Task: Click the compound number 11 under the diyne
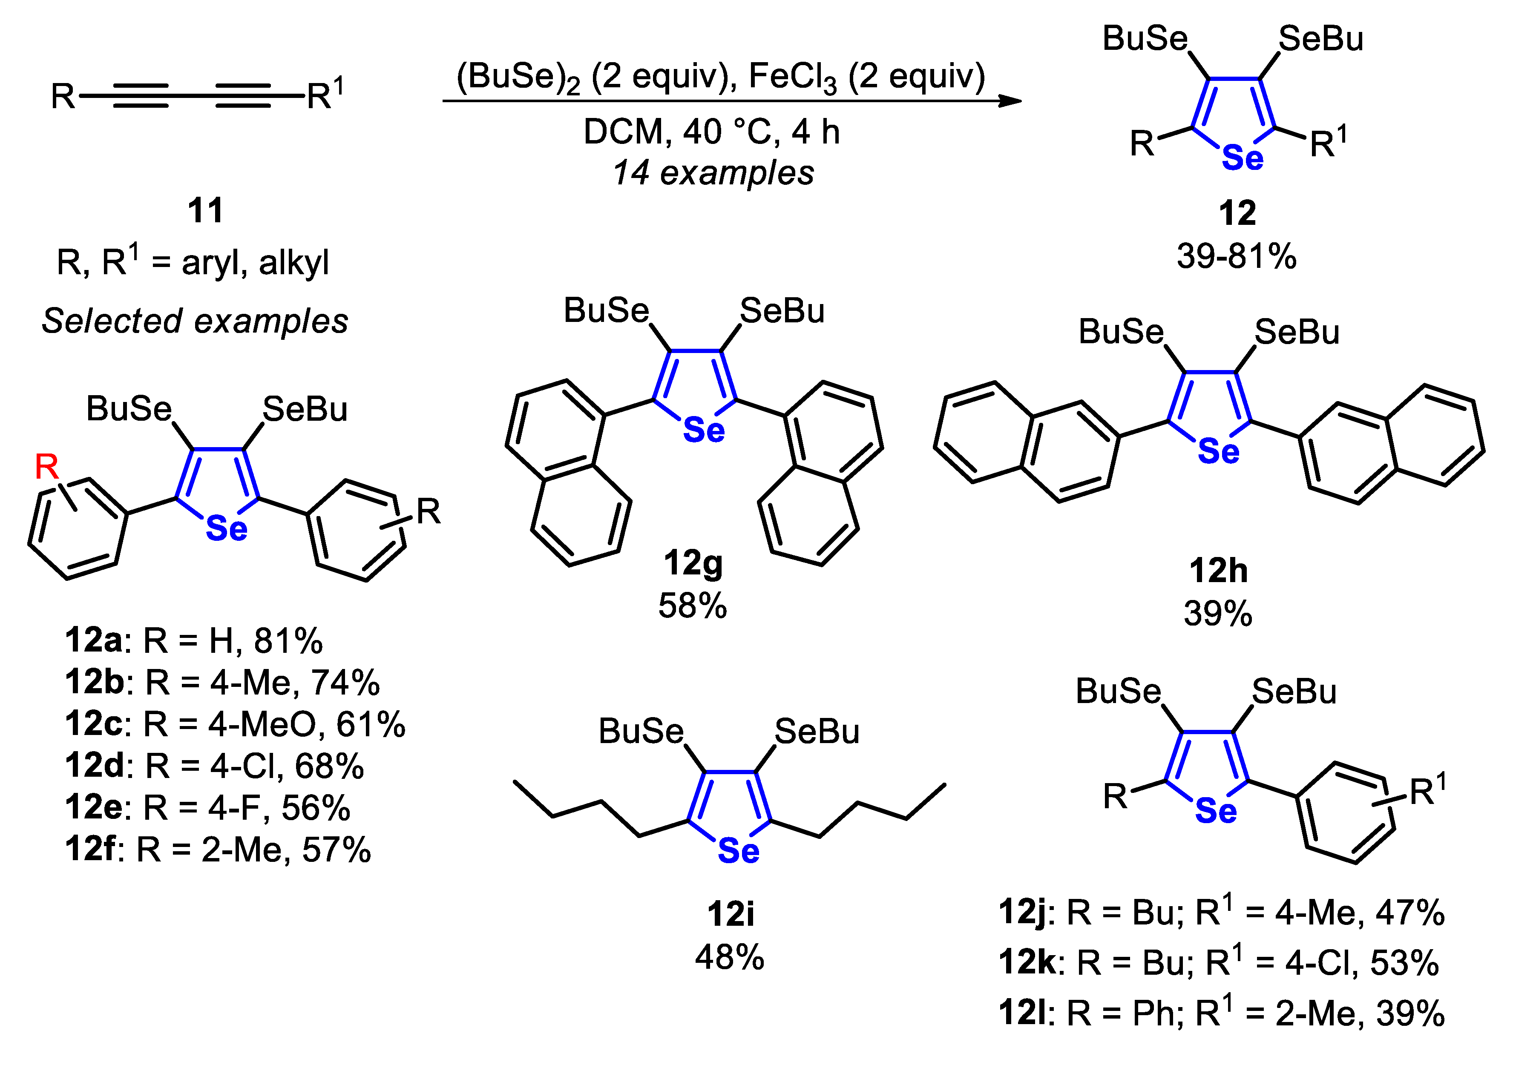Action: tap(206, 211)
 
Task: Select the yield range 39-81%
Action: tap(1236, 256)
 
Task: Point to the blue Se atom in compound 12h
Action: tap(1218, 452)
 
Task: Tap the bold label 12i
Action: tap(730, 914)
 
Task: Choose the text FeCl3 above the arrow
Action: tap(793, 78)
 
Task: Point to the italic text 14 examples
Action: tap(713, 173)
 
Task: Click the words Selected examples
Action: tap(195, 322)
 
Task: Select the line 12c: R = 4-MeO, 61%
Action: tap(235, 724)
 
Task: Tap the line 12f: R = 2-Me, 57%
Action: tap(218, 849)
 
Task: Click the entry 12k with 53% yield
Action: tap(1218, 962)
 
